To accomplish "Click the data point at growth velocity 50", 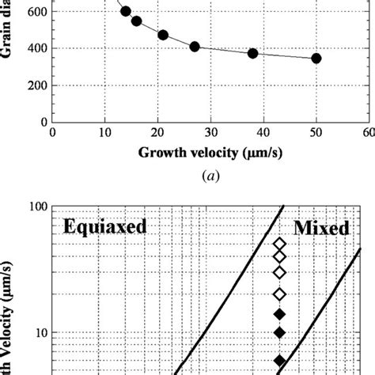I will coord(316,59).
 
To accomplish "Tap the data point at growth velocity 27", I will coord(195,47).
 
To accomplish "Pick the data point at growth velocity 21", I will coord(163,35).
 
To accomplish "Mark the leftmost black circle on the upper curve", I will coord(126,11).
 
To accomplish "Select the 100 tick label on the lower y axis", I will coord(33,206).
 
